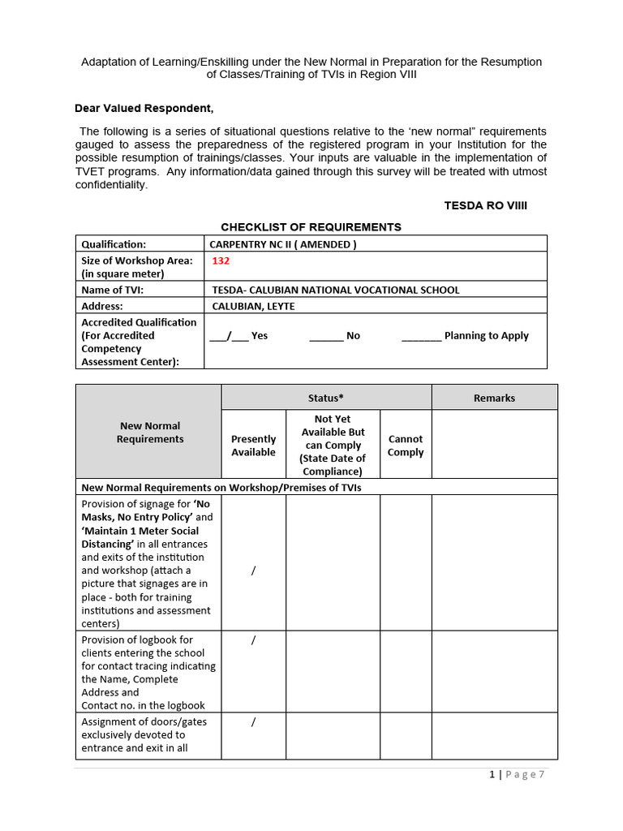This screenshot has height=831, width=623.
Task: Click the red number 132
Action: [x=221, y=261]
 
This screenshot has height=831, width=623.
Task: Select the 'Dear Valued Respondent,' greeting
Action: [x=144, y=108]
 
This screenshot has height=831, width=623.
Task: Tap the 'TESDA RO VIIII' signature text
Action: [x=485, y=205]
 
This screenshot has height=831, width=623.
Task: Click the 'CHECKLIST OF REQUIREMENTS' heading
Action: [x=311, y=227]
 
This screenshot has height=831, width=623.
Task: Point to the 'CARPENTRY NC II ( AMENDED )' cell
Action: [x=283, y=244]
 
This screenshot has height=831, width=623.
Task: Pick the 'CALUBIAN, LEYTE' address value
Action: [x=253, y=306]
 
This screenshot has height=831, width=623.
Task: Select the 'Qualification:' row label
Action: [x=114, y=244]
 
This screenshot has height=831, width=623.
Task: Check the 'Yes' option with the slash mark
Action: [x=238, y=335]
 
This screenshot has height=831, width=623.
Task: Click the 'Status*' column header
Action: [x=326, y=398]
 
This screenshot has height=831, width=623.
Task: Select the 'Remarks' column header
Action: [x=494, y=398]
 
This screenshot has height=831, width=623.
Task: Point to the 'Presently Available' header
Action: [x=253, y=446]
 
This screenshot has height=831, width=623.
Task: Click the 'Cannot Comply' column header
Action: [x=406, y=446]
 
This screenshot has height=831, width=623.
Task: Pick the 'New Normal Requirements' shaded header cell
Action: [x=150, y=432]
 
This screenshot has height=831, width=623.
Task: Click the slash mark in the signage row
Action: [x=253, y=571]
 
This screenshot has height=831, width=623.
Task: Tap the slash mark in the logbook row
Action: [x=253, y=640]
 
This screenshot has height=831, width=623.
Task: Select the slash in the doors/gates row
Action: [x=253, y=721]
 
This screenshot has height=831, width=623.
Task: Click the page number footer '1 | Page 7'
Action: [x=518, y=775]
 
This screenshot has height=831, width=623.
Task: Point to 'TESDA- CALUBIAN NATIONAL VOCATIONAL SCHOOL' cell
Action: [x=335, y=290]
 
